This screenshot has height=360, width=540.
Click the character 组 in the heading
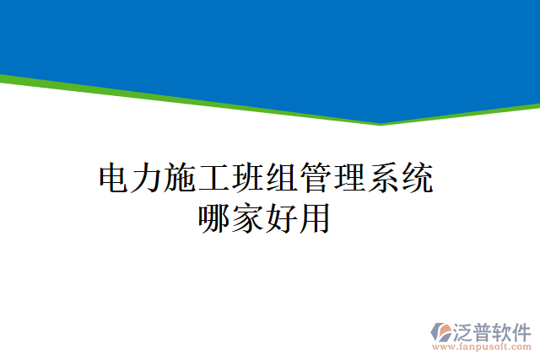click(284, 180)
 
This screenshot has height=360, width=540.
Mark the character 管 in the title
click(318, 180)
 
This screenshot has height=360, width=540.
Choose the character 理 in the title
click(352, 180)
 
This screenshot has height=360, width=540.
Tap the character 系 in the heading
click(386, 180)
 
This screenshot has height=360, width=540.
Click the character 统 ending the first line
click(419, 180)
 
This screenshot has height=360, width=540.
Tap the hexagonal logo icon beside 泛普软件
click(441, 331)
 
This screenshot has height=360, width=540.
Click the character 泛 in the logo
click(465, 330)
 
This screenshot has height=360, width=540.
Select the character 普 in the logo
click(484, 330)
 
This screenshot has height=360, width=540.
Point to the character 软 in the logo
click(503, 330)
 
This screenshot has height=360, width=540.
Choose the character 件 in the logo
click(522, 330)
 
